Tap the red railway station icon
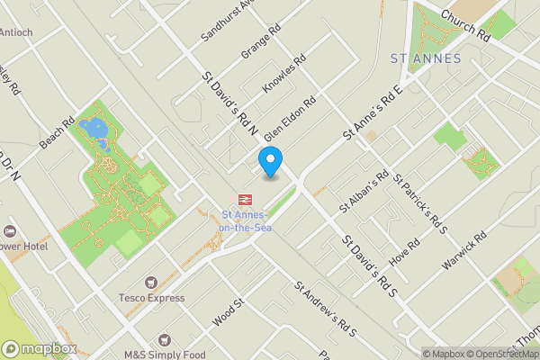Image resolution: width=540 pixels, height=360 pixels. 244,199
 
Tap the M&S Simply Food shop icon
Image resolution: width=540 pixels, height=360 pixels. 164,340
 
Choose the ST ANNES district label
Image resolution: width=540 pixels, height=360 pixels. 426,58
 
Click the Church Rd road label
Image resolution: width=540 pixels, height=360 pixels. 464,25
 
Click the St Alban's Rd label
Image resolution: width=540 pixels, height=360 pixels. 364,191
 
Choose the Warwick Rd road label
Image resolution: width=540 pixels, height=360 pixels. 464,251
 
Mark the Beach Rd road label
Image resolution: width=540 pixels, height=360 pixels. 56,133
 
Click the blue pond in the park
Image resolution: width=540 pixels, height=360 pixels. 93,130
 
